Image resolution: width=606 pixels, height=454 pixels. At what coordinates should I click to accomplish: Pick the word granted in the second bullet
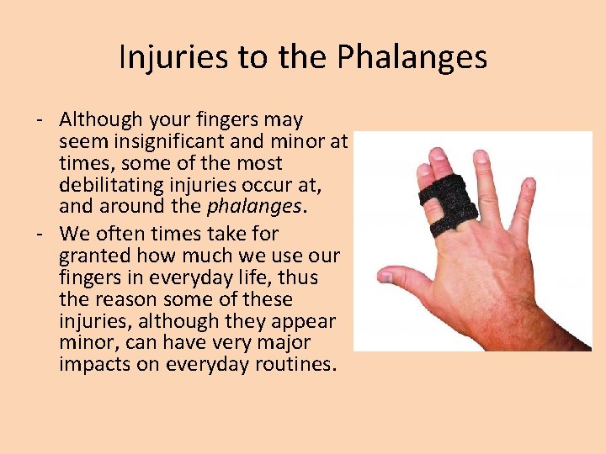93,256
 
